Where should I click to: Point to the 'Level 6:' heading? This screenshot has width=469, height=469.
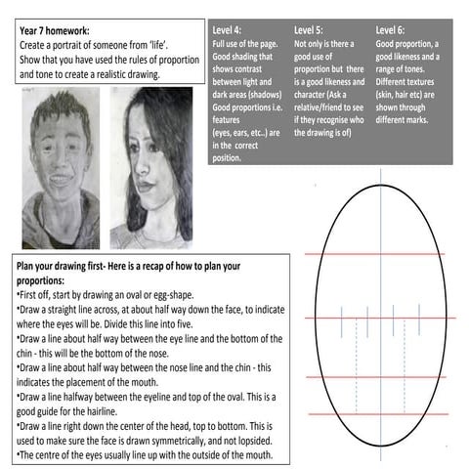pyautogui.click(x=395, y=30)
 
